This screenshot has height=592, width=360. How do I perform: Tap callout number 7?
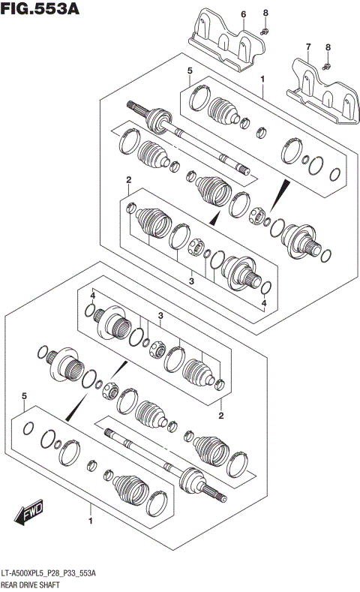coord(307,47)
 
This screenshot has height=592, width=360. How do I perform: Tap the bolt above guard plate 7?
coord(328,67)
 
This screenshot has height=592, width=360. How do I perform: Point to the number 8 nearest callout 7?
coord(328,47)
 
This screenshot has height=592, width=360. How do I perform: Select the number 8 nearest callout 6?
coord(265,14)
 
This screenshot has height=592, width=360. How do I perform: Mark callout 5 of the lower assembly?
coord(24,395)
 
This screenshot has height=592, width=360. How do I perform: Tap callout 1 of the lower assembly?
coord(91,520)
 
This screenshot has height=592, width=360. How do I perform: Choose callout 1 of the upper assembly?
coord(262,79)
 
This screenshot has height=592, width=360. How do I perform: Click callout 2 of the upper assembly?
coord(129,180)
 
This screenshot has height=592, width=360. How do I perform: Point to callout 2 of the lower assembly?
coord(221,415)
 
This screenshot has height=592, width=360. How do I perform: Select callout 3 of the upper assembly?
coord(192,281)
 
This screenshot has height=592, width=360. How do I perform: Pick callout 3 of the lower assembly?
coord(160,316)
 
